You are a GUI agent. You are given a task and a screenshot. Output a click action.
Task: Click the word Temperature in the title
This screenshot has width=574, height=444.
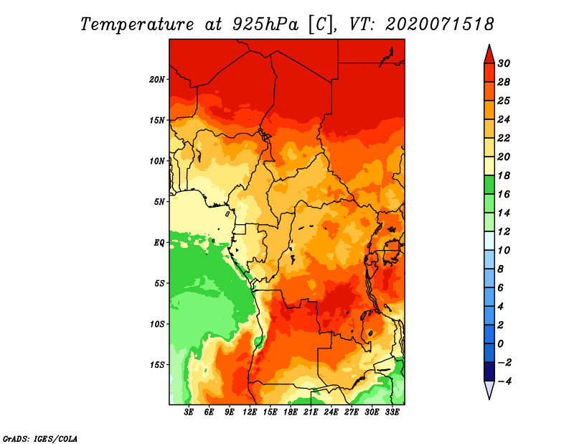[137, 25]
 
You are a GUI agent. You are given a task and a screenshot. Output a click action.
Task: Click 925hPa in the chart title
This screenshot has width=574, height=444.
[265, 25]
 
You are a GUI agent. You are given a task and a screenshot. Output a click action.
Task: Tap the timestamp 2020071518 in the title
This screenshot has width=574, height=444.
[440, 24]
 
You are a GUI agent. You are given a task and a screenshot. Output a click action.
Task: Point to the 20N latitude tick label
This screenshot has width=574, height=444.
[157, 80]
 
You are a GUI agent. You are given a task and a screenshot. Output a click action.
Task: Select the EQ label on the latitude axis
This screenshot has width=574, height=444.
[159, 243]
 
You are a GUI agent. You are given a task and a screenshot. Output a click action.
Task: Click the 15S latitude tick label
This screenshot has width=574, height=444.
[157, 365]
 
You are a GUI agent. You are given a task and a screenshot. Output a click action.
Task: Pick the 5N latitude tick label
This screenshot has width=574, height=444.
[159, 202]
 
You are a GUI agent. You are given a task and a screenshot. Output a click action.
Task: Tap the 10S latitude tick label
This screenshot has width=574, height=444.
[157, 324]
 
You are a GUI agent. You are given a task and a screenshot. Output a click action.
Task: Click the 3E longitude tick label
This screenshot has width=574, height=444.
[189, 412]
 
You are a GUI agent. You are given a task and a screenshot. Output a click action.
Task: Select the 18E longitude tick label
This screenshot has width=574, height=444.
[291, 412]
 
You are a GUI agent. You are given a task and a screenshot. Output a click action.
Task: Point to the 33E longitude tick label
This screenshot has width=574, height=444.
[392, 412]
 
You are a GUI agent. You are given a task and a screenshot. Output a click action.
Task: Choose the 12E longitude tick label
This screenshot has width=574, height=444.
[250, 412]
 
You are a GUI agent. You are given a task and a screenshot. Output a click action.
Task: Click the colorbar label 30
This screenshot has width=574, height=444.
[504, 63]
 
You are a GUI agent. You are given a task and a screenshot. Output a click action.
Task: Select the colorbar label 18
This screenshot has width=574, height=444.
[504, 175]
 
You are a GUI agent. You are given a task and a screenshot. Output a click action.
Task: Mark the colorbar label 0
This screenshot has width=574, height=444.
[500, 344]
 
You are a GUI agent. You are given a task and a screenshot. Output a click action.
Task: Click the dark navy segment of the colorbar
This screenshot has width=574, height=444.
[489, 371]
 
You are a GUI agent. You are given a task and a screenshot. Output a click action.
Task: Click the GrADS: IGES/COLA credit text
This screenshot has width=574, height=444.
[40, 438]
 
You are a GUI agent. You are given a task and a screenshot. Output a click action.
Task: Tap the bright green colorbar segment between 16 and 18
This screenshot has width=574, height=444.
[489, 185]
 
